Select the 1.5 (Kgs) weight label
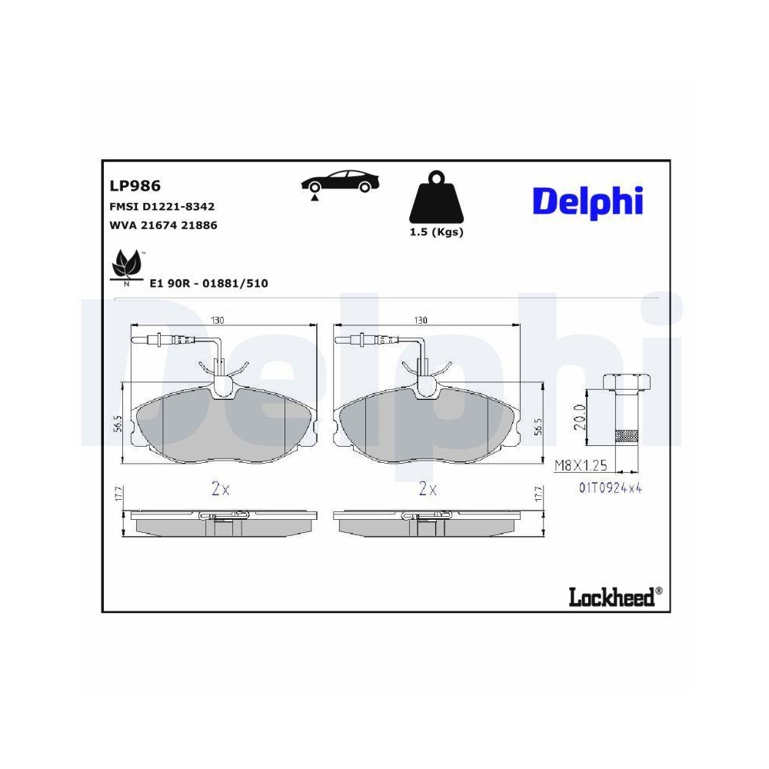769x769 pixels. pyautogui.click(x=435, y=232)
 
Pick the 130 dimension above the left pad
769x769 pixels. pyautogui.click(x=218, y=320)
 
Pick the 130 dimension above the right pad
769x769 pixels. pyautogui.click(x=421, y=320)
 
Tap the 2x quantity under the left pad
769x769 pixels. pyautogui.click(x=221, y=488)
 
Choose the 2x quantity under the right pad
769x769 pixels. pyautogui.click(x=428, y=488)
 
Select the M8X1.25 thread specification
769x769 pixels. pyautogui.click(x=581, y=464)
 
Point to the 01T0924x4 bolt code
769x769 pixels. pyautogui.click(x=611, y=487)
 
